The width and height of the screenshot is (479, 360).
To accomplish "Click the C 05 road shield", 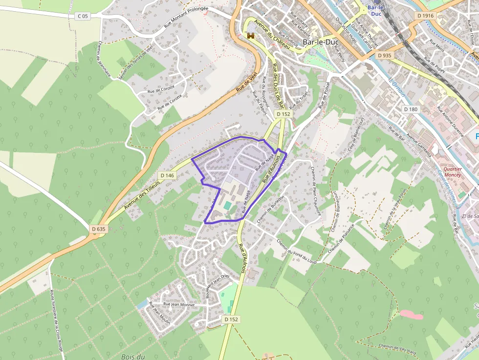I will pyautogui.click(x=83, y=16).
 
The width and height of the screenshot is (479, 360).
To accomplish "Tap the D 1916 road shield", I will pyautogui.click(x=426, y=16).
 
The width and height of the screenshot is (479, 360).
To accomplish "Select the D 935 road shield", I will pyautogui.click(x=384, y=55).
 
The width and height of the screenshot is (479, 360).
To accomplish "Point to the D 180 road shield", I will pyautogui.click(x=411, y=109).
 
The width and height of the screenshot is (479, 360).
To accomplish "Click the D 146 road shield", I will pyautogui.click(x=167, y=175).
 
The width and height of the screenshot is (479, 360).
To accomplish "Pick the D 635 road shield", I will pyautogui.click(x=98, y=229).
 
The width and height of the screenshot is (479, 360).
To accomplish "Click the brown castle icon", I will pyautogui.click(x=251, y=36).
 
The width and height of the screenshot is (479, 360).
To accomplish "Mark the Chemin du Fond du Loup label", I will pyautogui.click(x=297, y=251).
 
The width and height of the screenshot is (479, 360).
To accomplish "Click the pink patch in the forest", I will pyautogui.click(x=411, y=315).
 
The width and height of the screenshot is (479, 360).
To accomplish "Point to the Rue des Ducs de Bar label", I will pyautogui.click(x=278, y=85).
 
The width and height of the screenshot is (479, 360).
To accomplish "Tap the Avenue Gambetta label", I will pyautogui.click(x=419, y=143).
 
